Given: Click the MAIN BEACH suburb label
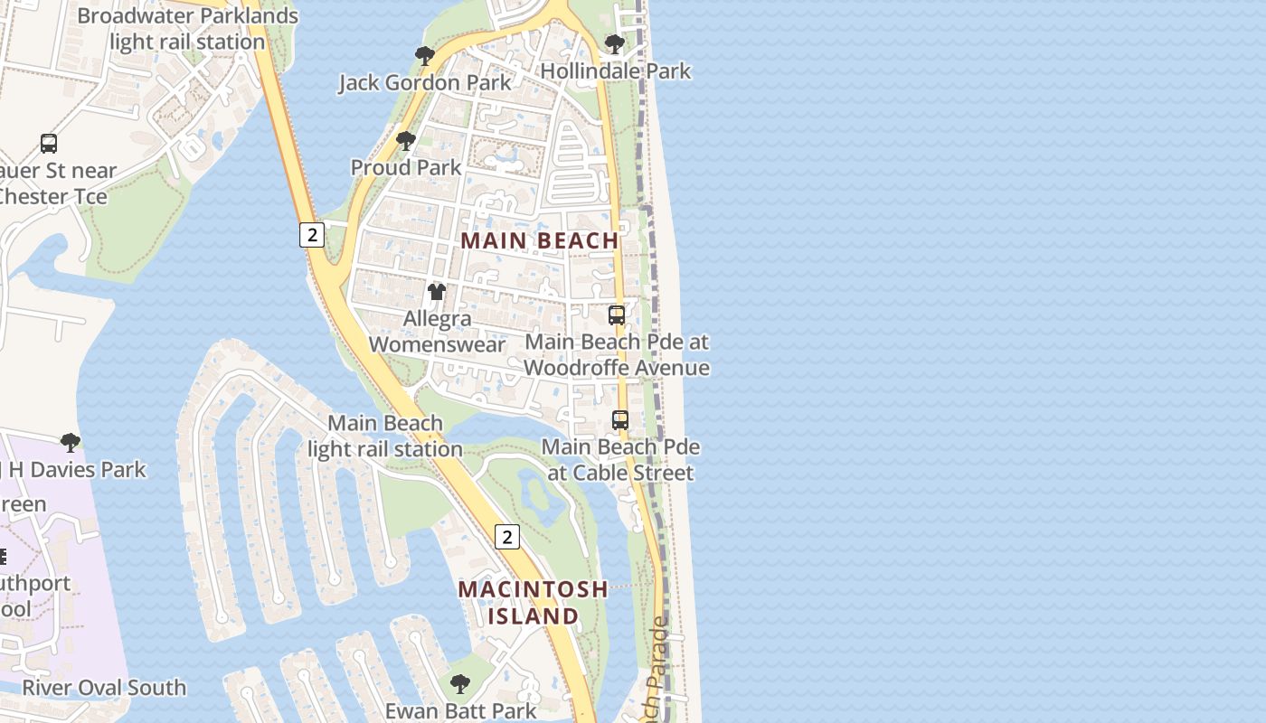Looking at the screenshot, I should click(x=540, y=241).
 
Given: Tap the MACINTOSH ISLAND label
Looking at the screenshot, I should click(x=533, y=603).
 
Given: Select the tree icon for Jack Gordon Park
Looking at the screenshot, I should click(x=425, y=57).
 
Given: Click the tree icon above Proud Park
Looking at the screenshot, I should click(x=406, y=142).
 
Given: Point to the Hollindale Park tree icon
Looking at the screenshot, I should click(x=615, y=44).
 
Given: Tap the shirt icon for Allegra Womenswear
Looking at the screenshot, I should click(x=437, y=292).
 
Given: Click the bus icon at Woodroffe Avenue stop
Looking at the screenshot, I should click(x=617, y=315).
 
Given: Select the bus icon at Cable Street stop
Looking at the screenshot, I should click(x=620, y=420).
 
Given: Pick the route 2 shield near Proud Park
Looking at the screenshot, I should click(x=312, y=235).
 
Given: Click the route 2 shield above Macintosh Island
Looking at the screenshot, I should click(x=507, y=537).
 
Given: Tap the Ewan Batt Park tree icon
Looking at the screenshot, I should click(x=460, y=684).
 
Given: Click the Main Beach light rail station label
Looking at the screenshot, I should click(x=385, y=436).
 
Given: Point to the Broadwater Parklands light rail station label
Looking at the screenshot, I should click(x=187, y=29).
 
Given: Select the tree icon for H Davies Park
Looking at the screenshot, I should click(x=71, y=443).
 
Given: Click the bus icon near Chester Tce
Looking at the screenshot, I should click(x=49, y=144).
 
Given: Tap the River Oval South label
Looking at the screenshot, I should click(x=104, y=688).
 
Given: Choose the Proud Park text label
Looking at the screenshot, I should click(x=406, y=168).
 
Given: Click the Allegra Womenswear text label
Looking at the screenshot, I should click(x=437, y=332).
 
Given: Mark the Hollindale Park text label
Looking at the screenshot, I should click(x=615, y=71).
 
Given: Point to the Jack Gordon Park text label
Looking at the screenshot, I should click(x=425, y=83).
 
